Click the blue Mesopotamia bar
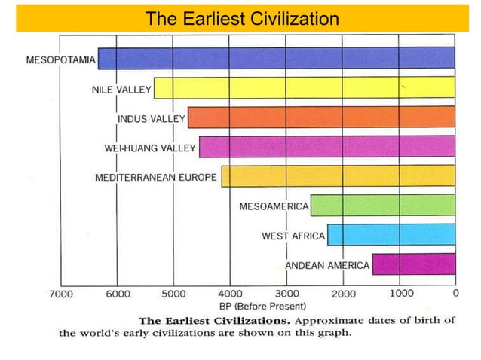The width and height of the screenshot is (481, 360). (x=276, y=59)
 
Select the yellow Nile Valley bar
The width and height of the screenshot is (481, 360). (x=304, y=88)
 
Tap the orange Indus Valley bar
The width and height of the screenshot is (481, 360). (x=321, y=117)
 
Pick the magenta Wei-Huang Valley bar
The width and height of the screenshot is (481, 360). (x=326, y=146)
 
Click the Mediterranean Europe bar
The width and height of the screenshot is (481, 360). (x=338, y=176)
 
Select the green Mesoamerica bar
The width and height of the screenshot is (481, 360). (x=382, y=205)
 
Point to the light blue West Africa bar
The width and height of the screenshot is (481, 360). (x=391, y=234)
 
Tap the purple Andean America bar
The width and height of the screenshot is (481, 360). (x=413, y=264)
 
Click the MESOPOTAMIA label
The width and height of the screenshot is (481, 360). (x=61, y=59)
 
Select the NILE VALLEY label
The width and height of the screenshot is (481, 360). (x=121, y=89)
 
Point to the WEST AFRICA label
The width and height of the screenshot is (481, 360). (x=293, y=236)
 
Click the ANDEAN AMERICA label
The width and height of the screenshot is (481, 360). (x=327, y=265)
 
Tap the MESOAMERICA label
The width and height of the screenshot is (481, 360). (x=274, y=206)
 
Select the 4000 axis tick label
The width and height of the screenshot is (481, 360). (x=230, y=294)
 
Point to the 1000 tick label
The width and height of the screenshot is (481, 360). (x=401, y=292)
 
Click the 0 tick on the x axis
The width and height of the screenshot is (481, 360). (x=455, y=293)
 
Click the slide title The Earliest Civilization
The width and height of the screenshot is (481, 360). (x=241, y=18)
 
